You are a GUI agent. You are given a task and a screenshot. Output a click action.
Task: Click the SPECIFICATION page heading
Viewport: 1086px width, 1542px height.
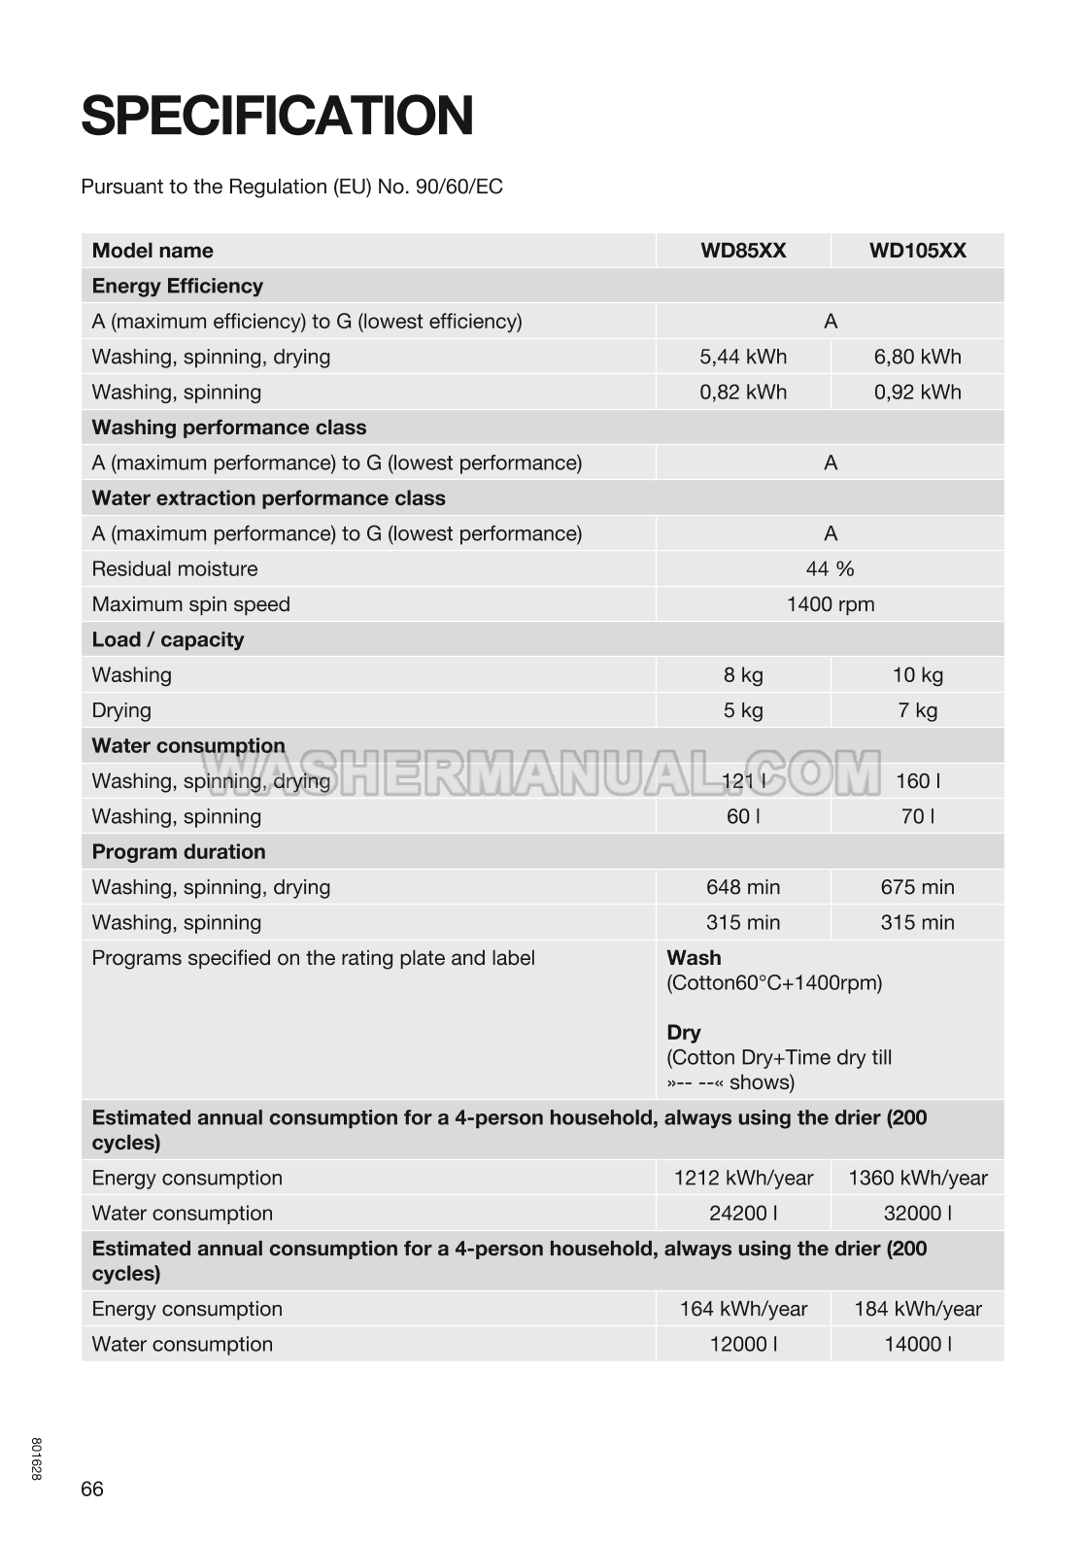click(x=277, y=117)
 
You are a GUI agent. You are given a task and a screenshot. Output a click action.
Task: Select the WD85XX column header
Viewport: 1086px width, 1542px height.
click(x=743, y=251)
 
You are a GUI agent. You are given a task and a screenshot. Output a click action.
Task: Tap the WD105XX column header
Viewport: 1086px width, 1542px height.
click(x=917, y=251)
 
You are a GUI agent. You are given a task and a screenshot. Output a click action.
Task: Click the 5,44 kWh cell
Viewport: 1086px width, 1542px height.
click(x=743, y=357)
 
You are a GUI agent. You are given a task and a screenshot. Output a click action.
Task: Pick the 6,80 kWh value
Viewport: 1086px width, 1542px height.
click(x=917, y=357)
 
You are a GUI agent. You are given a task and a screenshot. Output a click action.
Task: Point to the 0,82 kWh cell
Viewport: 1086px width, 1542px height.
click(x=743, y=393)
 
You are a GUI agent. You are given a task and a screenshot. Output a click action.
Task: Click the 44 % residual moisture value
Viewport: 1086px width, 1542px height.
click(x=830, y=569)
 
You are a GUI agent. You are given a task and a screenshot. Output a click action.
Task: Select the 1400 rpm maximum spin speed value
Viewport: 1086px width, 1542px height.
click(x=830, y=604)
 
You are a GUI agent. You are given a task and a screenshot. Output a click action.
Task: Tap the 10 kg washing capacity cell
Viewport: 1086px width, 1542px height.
click(x=917, y=675)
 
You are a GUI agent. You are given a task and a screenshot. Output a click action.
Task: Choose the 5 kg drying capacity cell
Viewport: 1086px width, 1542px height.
click(x=743, y=710)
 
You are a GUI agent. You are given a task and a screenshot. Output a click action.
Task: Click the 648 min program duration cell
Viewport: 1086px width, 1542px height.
click(x=743, y=887)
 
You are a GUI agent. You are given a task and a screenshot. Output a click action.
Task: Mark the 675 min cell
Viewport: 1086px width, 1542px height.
click(x=917, y=887)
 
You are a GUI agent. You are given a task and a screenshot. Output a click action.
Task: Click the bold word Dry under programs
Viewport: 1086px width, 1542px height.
click(x=683, y=1032)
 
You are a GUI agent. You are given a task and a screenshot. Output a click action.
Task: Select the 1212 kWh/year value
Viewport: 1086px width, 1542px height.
click(x=743, y=1179)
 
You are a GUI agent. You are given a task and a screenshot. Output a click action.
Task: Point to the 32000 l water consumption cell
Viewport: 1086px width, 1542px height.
click(x=917, y=1214)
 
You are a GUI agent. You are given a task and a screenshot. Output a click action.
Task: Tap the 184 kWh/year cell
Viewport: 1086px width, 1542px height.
click(x=917, y=1310)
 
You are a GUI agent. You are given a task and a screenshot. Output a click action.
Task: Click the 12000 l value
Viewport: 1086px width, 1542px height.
click(x=743, y=1345)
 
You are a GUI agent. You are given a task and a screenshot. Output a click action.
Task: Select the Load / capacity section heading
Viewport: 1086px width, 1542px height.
click(x=167, y=639)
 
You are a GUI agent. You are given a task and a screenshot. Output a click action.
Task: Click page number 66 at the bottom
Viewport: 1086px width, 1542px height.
click(x=92, y=1490)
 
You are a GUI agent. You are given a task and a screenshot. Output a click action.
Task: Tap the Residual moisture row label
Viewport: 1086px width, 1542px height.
click(x=175, y=569)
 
